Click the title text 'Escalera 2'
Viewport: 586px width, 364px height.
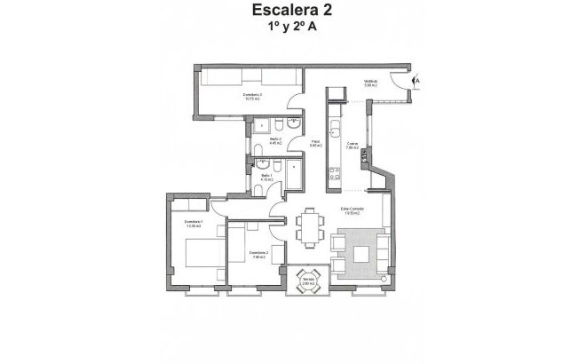pos(293,12)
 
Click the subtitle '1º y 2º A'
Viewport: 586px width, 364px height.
pos(293,28)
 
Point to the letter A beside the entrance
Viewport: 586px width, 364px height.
pos(418,81)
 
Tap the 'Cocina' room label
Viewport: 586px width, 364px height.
pos(352,146)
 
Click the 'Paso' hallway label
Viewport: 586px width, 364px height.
pos(315,143)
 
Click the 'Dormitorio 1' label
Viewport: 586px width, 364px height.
pos(194,223)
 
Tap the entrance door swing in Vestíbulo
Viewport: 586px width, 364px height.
pos(405,80)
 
